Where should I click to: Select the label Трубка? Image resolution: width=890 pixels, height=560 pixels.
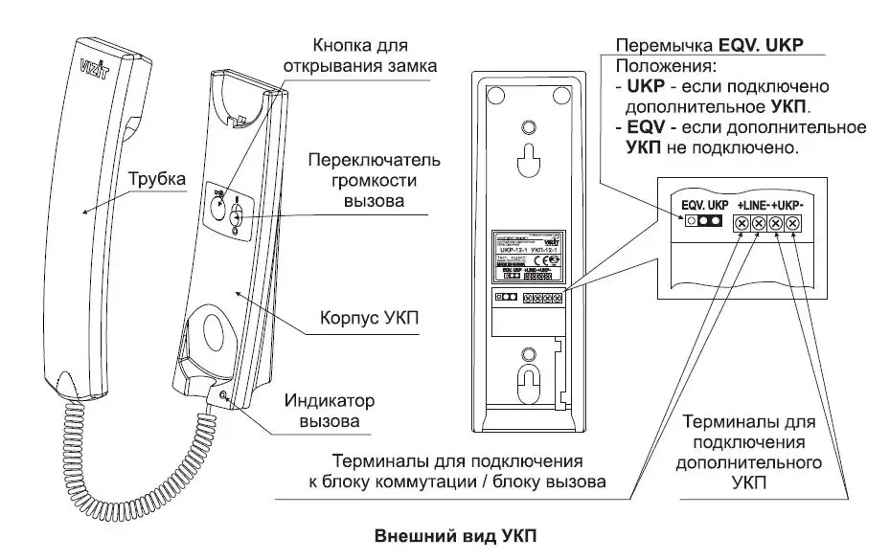[154, 179]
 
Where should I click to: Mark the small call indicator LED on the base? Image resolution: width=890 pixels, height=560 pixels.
[223, 394]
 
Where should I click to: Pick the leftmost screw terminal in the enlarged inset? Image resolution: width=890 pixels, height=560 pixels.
[742, 224]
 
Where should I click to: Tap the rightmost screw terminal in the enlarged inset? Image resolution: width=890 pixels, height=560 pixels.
[793, 224]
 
